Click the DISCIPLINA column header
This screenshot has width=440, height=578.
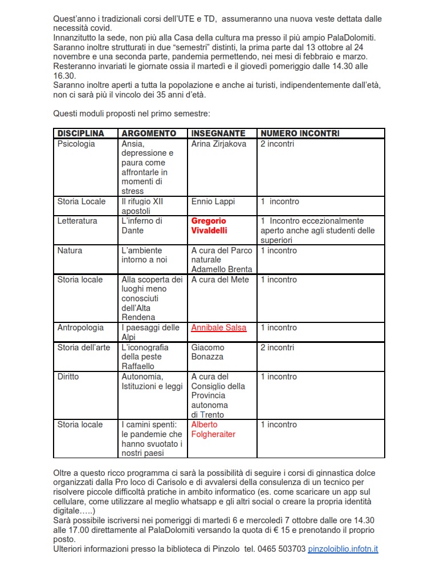click(81, 134)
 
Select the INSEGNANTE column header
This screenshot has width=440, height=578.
click(218, 134)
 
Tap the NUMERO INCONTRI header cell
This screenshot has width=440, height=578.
click(300, 134)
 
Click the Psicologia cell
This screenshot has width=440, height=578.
click(76, 144)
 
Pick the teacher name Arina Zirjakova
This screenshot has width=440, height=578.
click(219, 144)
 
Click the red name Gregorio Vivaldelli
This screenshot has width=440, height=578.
click(209, 226)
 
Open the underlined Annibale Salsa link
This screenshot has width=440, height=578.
click(219, 328)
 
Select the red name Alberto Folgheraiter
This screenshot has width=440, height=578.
click(213, 430)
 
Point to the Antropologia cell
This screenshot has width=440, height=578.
click(80, 328)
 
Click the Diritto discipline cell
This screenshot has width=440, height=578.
click(68, 377)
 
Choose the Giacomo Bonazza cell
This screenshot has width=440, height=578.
click(208, 352)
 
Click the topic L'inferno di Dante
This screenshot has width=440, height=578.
click(142, 226)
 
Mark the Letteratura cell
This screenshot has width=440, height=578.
click(77, 221)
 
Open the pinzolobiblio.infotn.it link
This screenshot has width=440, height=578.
click(343, 549)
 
